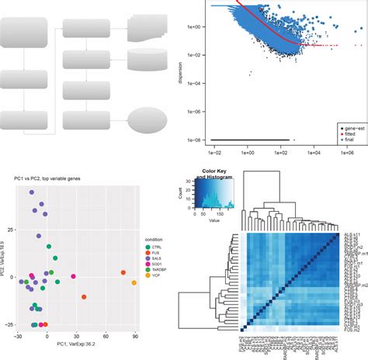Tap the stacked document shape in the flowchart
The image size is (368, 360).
coord(148,26)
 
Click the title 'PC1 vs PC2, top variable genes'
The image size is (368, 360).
coord(47,180)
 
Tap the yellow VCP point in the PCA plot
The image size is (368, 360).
coord(134,282)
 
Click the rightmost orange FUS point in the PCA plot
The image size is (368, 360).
coord(123,272)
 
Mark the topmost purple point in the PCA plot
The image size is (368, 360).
coord(35,199)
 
